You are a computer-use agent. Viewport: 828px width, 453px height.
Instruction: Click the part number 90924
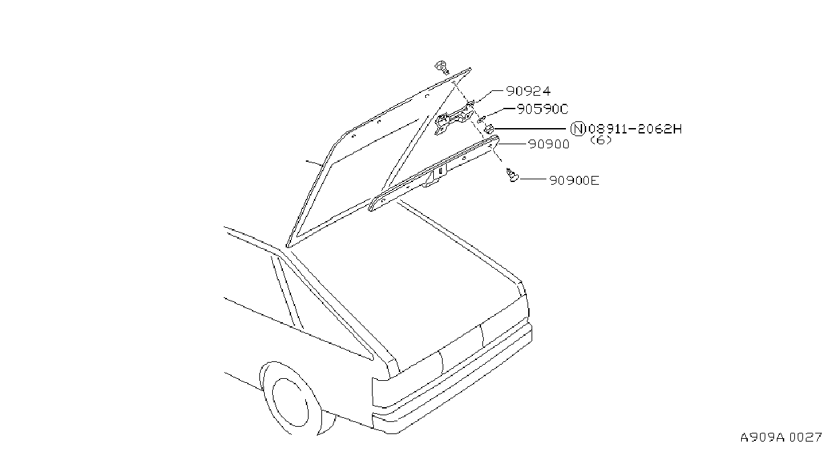(x=528, y=91)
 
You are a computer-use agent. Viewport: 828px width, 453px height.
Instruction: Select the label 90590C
(x=542, y=109)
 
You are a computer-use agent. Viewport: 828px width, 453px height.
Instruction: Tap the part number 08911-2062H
(x=635, y=129)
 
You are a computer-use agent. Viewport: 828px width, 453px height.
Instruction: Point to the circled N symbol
(x=578, y=129)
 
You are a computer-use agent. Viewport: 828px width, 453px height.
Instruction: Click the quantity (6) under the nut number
(x=601, y=140)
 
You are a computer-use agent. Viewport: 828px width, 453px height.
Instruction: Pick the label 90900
(x=549, y=144)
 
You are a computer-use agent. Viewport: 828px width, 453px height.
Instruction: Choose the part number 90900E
(x=574, y=181)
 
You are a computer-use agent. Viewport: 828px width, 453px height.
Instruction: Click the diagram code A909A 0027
(x=781, y=437)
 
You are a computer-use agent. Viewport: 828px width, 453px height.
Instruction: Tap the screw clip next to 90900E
(x=512, y=175)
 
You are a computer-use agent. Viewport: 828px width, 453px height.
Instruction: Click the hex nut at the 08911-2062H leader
(x=489, y=129)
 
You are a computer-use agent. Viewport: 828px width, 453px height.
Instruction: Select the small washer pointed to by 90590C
(x=481, y=119)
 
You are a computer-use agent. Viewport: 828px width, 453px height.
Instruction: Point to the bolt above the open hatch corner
(x=442, y=67)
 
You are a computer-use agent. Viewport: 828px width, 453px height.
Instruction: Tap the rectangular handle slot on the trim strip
(x=441, y=171)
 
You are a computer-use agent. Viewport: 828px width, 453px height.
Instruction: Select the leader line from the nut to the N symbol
(x=530, y=129)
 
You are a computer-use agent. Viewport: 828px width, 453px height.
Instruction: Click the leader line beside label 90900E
(x=532, y=179)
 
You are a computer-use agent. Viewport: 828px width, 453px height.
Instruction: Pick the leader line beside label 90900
(x=513, y=143)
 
